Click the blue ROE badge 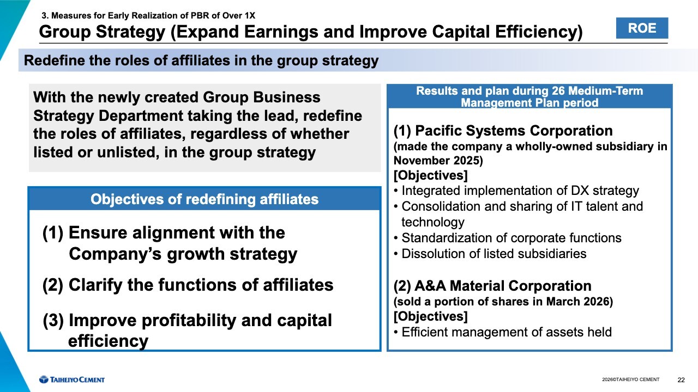[642, 28]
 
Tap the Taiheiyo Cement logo [72, 379]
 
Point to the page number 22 [681, 380]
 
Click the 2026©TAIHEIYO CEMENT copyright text [631, 379]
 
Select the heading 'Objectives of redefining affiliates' [204, 199]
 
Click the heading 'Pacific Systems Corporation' [514, 131]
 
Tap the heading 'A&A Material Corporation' [503, 286]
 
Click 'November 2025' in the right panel [437, 161]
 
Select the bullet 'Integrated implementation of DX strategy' [520, 191]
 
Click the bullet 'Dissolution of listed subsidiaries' [494, 254]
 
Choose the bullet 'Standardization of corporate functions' [512, 238]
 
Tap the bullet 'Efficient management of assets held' [507, 332]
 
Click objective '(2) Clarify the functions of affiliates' [188, 285]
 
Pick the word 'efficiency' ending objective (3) [108, 341]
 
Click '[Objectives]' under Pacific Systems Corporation [431, 175]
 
